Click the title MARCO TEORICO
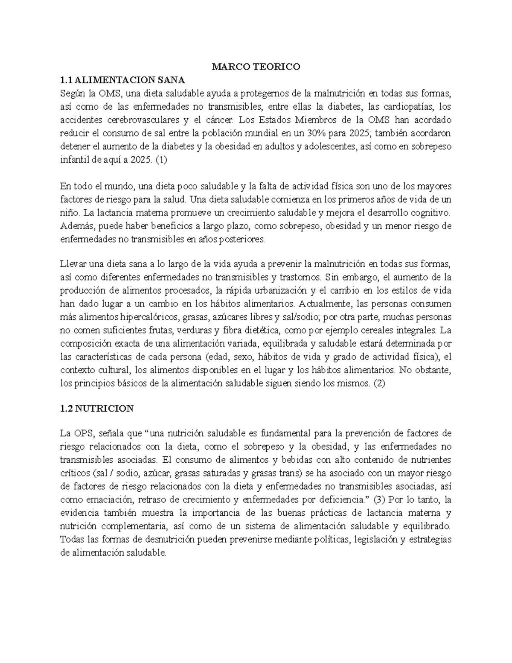point(256,67)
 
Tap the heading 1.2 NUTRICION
point(97,409)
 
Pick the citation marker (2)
point(379,383)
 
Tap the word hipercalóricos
point(150,318)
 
